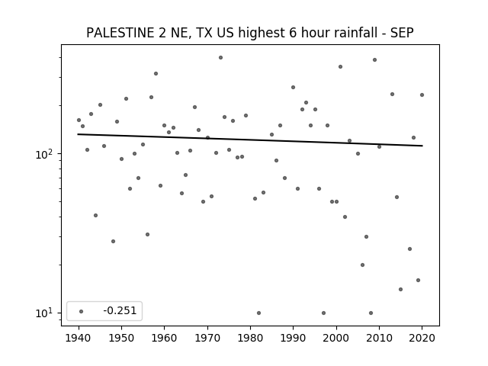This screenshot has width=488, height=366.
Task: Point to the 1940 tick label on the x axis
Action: pos(79,338)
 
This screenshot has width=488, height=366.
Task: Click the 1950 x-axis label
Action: pos(122,338)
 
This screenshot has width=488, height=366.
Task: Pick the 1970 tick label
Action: pos(207,338)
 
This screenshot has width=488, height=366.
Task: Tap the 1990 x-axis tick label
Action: pos(293,338)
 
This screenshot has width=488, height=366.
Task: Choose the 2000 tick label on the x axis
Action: pos(336,338)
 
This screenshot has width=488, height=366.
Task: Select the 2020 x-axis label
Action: pos(422,338)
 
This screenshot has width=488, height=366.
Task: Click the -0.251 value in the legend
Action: pos(120,310)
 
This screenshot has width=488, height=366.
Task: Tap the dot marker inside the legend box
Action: pos(82,311)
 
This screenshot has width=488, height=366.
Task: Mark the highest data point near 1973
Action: pos(220,58)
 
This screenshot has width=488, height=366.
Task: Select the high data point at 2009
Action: pos(374,59)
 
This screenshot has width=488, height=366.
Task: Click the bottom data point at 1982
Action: pos(259,313)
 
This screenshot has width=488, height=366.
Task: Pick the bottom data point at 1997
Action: pos(323,313)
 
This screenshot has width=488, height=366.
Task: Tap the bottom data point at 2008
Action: pos(371,313)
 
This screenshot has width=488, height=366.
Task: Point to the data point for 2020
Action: pos(422,95)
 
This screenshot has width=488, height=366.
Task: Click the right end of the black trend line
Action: pos(422,146)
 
